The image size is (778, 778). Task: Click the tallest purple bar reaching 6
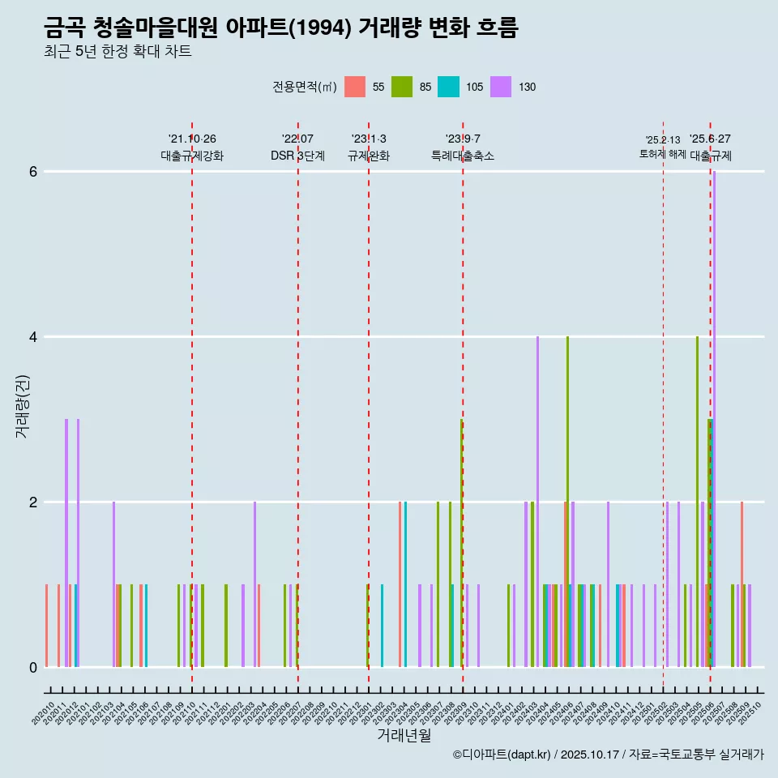pyautogui.click(x=714, y=405)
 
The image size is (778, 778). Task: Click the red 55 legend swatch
pyautogui.click(x=355, y=87)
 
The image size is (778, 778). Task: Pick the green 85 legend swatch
pyautogui.click(x=402, y=87)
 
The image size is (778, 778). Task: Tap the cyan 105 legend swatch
pyautogui.click(x=449, y=87)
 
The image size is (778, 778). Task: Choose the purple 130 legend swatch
pyautogui.click(x=502, y=87)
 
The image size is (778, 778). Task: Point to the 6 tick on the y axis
pyautogui.click(x=32, y=172)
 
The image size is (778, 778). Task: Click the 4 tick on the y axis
pyautogui.click(x=32, y=336)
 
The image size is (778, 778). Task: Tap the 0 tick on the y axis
pyautogui.click(x=32, y=667)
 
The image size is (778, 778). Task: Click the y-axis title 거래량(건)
pyautogui.click(x=22, y=406)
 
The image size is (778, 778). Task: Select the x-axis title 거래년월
pyautogui.click(x=404, y=735)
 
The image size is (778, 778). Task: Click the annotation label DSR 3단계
pyautogui.click(x=297, y=156)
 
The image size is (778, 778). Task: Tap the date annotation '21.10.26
pyautogui.click(x=192, y=139)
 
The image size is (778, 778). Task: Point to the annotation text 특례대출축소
pyautogui.click(x=463, y=156)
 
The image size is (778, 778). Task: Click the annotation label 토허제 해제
pyautogui.click(x=662, y=153)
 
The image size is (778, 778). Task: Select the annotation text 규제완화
pyautogui.click(x=369, y=156)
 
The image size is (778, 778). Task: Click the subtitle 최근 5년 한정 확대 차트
pyautogui.click(x=118, y=52)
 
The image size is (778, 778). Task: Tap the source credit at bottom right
pyautogui.click(x=608, y=754)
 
